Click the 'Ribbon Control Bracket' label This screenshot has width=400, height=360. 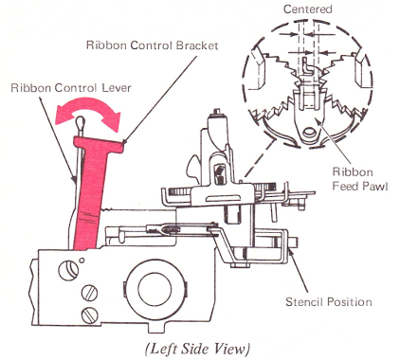point(153,45)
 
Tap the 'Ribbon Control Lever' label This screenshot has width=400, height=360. point(71,87)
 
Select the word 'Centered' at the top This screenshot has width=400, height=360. point(308,9)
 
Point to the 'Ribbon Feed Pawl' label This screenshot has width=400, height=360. point(360,179)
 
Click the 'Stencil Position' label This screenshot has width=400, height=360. point(329,302)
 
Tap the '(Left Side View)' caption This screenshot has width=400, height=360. point(197,349)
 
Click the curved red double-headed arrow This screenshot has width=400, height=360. point(88,114)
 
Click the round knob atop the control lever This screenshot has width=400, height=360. point(80,121)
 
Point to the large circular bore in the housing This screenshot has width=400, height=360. point(155,289)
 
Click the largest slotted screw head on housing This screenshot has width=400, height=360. point(68,271)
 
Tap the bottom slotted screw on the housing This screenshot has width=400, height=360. point(89,314)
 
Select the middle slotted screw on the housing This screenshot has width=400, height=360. point(89,294)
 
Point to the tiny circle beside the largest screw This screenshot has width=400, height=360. point(82,261)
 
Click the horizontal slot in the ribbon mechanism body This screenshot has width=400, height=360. point(222,199)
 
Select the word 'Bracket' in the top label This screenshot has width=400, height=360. point(197,45)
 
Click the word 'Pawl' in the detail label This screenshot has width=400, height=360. point(374,186)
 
